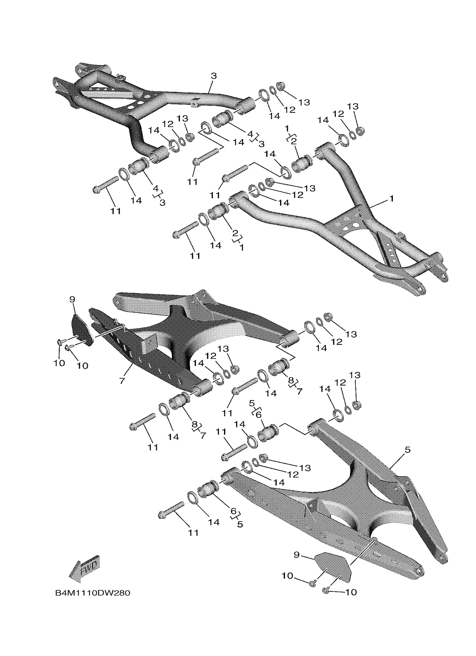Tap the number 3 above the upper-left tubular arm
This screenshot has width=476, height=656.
tap(213, 76)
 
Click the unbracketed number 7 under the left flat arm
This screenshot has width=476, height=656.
tap(122, 381)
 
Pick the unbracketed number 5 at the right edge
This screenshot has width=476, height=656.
tap(407, 450)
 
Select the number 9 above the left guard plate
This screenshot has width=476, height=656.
tap(72, 300)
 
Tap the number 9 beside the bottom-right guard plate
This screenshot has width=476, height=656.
tap(297, 555)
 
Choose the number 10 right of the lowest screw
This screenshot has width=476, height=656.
tap(351, 592)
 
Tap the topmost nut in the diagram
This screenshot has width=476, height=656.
tap(280, 86)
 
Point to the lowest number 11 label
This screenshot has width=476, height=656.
tap(193, 533)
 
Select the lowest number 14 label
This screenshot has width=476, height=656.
tap(214, 522)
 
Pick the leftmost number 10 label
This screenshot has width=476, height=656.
tap(59, 363)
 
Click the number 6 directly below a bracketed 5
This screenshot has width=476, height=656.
tap(258, 415)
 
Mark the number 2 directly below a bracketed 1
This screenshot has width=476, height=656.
tap(293, 141)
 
